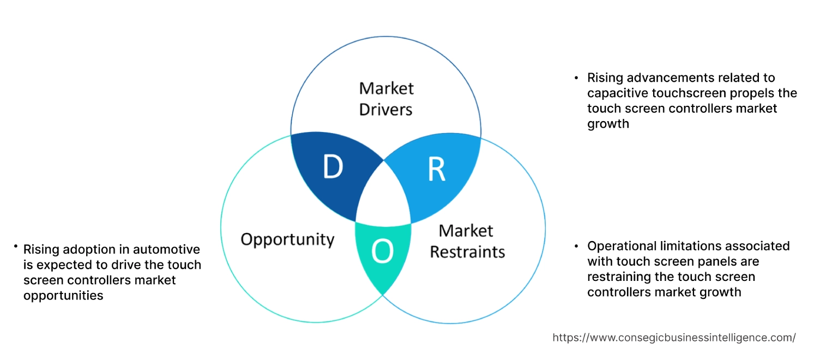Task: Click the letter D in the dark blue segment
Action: (x=333, y=167)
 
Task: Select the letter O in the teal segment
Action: (x=382, y=251)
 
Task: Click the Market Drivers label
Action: (x=386, y=99)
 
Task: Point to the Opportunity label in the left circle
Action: (x=287, y=239)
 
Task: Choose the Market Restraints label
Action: (x=467, y=241)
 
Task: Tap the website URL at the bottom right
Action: (x=674, y=338)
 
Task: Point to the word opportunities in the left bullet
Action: (x=63, y=296)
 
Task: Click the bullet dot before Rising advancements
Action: (x=576, y=79)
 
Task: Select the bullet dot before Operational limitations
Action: (x=576, y=247)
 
